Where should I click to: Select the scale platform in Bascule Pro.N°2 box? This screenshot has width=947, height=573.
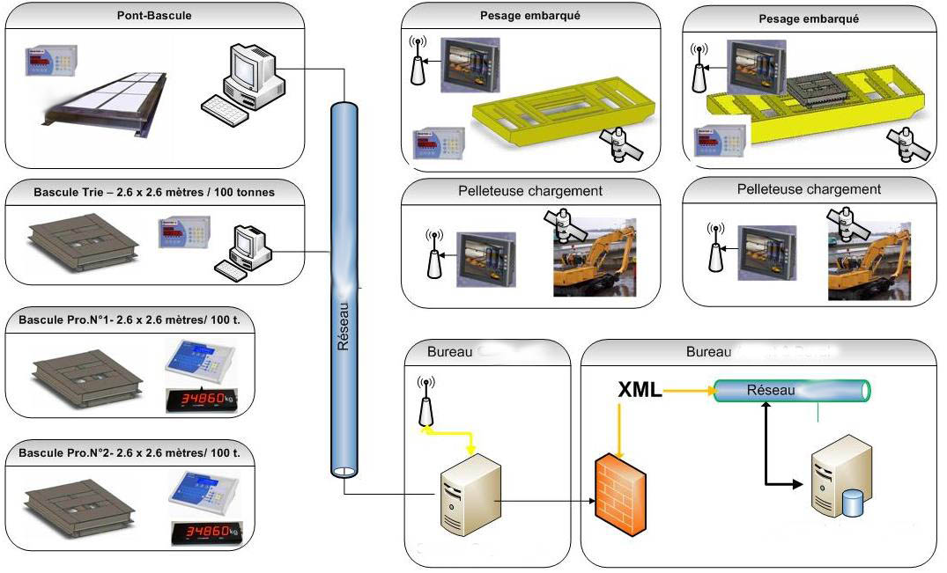[79, 497]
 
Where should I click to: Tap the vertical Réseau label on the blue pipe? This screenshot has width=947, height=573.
[344, 327]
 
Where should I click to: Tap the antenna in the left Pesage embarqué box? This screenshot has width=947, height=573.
[418, 62]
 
